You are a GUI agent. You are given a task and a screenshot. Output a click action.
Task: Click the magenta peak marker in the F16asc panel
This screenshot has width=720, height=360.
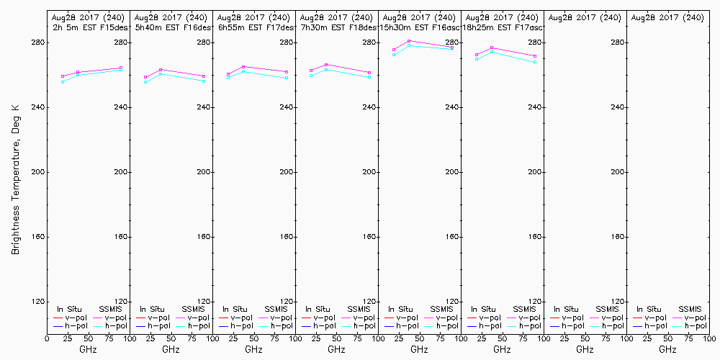(x=409, y=41)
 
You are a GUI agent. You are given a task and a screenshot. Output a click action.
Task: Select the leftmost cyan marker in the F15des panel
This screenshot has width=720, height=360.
(x=63, y=82)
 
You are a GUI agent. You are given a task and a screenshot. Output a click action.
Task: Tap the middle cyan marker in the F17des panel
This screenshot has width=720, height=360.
(x=243, y=71)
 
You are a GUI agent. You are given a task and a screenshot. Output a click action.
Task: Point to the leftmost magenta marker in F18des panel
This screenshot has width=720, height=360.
(x=311, y=71)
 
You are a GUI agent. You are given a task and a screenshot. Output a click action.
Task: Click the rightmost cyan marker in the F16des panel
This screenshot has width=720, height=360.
(x=204, y=81)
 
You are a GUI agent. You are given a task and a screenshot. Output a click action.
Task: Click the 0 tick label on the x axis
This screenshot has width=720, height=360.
(x=47, y=338)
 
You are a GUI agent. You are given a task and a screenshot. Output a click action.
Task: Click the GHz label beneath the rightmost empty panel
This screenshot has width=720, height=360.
(x=667, y=349)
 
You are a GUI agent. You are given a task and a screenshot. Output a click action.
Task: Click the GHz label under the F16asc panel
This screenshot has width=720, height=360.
(x=419, y=349)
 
